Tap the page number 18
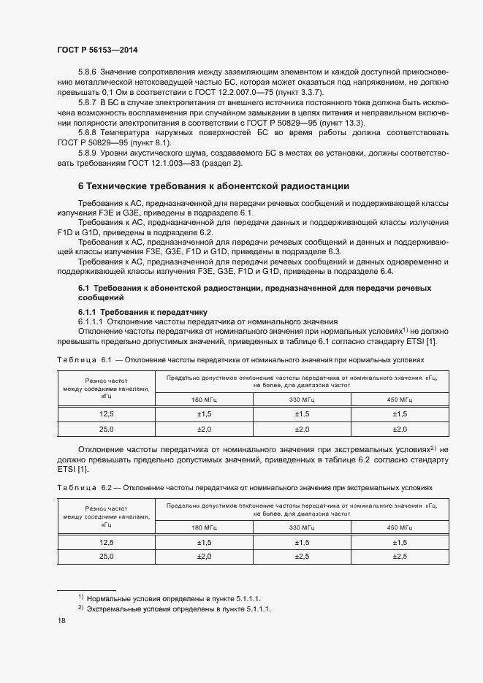coord(62,620)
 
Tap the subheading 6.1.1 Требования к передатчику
coord(133,311)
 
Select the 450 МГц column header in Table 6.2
coord(400,527)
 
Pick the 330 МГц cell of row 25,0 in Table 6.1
coord(303,429)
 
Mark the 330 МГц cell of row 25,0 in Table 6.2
coord(303,556)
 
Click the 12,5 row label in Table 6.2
coord(107,542)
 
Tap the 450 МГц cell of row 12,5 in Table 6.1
coord(400,415)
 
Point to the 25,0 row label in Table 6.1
coord(107,429)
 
